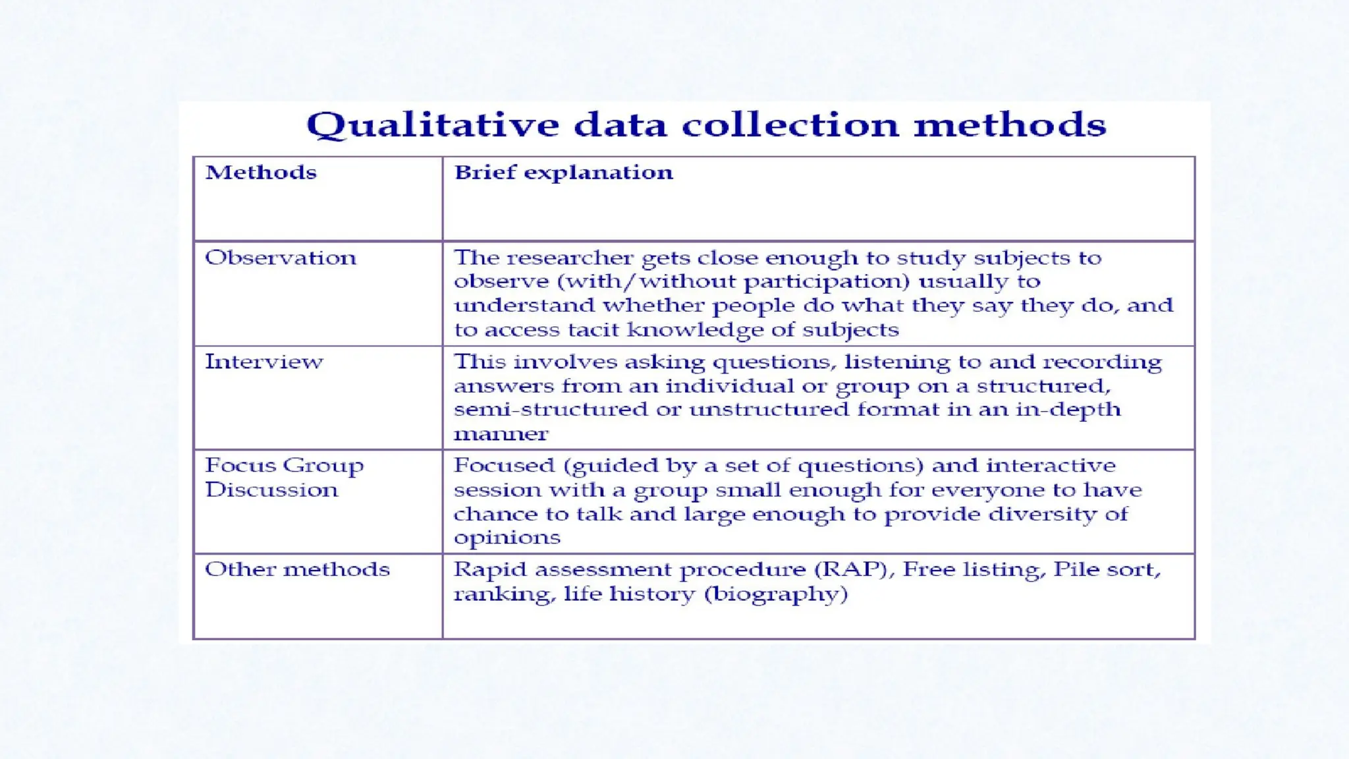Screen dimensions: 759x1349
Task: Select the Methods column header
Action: pos(261,173)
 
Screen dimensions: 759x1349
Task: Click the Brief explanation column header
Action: pos(564,173)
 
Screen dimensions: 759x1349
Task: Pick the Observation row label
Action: pos(281,258)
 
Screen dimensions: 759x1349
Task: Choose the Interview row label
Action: pos(264,362)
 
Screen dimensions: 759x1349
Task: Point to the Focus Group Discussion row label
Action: pos(284,478)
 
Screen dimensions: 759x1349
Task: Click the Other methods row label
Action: pos(297,569)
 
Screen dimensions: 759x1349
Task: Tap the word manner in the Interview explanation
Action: pos(501,434)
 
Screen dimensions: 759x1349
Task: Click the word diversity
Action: pos(1041,514)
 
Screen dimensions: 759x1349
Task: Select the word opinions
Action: pos(507,538)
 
